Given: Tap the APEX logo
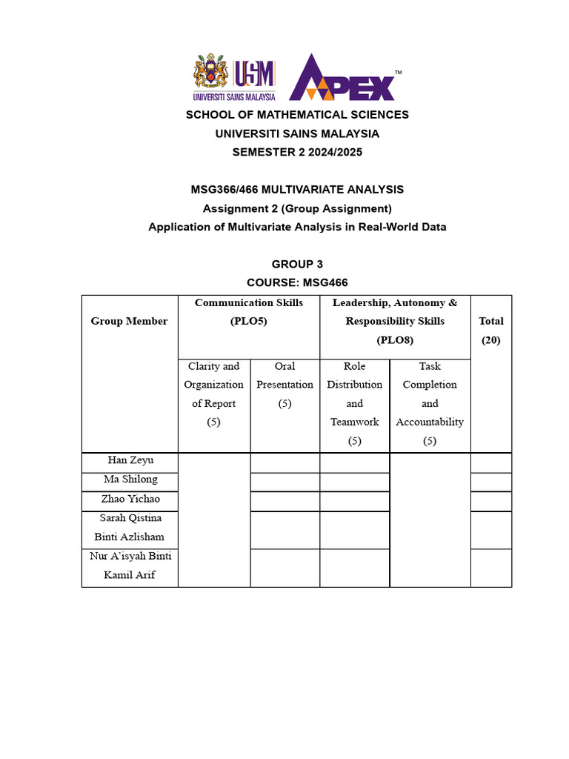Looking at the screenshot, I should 342,79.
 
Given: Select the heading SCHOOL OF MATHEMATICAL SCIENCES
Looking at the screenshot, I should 297,115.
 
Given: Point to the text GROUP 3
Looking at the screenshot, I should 297,264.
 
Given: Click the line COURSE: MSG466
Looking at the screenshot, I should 297,282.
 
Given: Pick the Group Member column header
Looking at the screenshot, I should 129,321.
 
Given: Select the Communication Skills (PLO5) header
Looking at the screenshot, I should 249,312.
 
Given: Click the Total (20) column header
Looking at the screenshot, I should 491,331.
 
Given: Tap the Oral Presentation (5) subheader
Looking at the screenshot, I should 285,385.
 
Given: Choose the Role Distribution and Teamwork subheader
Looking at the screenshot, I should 355,403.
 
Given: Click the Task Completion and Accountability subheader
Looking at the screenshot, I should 430,403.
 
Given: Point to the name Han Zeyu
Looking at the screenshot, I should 130,461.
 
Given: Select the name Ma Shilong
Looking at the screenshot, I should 130,480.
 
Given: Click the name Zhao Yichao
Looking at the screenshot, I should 130,499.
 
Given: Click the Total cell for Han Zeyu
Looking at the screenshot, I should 490,463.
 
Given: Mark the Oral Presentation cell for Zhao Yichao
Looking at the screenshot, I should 285,501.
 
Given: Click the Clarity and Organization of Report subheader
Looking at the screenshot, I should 214,394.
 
